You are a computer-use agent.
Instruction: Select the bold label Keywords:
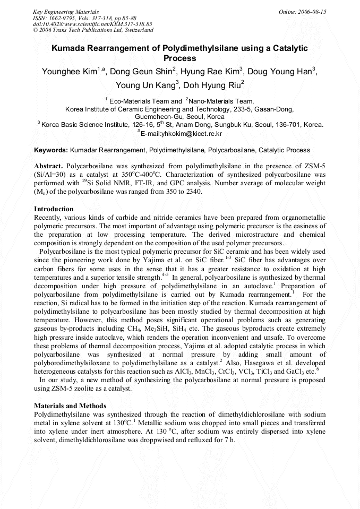pos(51,150)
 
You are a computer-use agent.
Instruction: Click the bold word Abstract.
pos(49,166)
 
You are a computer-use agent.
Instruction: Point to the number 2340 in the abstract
pos(192,192)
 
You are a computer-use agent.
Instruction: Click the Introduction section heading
pos(54,209)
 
